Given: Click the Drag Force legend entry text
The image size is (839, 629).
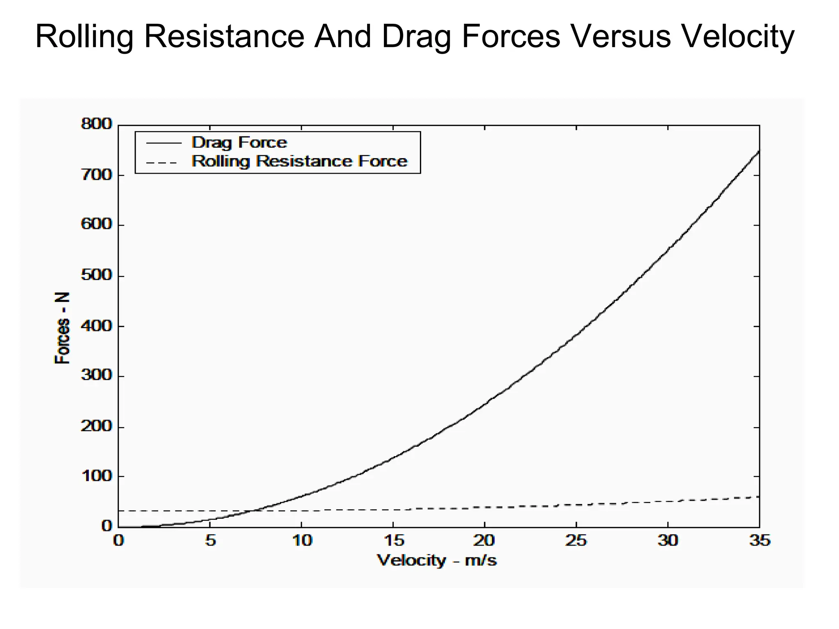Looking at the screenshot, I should [x=239, y=143].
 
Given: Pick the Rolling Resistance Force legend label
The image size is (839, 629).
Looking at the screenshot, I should [x=299, y=161].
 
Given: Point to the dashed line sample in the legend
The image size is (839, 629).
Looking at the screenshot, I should [x=162, y=163].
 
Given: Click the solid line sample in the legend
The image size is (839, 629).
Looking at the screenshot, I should [x=163, y=143].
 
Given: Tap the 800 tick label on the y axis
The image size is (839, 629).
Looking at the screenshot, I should [x=96, y=124].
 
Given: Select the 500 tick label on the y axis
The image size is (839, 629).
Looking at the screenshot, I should [x=96, y=275].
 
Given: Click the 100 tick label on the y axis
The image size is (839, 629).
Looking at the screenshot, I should [x=96, y=476].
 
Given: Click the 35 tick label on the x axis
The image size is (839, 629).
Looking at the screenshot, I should [x=760, y=541].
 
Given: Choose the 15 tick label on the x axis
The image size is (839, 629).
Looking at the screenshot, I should [x=394, y=541].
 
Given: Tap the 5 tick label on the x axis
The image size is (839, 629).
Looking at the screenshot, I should [x=210, y=541].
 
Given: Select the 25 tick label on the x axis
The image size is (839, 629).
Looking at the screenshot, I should [x=576, y=541].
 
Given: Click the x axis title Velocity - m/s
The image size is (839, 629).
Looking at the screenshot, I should [x=437, y=560].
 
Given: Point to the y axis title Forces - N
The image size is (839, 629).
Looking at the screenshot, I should [x=62, y=328].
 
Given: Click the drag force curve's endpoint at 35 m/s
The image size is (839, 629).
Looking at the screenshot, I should [x=759, y=152].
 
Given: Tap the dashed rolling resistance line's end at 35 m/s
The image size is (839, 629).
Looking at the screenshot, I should [x=758, y=497].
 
